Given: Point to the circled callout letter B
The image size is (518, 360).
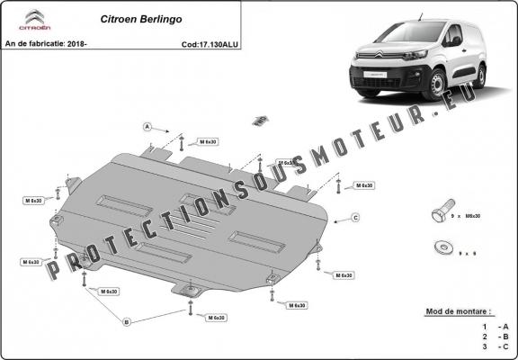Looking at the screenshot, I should point(127,321).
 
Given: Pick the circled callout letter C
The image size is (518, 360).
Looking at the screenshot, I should point(355,218).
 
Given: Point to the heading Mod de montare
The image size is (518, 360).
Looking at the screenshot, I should point(460,311).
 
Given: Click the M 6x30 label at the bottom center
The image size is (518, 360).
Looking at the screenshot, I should point(216,318).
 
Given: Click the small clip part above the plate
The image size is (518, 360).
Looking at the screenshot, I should point(260,119).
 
